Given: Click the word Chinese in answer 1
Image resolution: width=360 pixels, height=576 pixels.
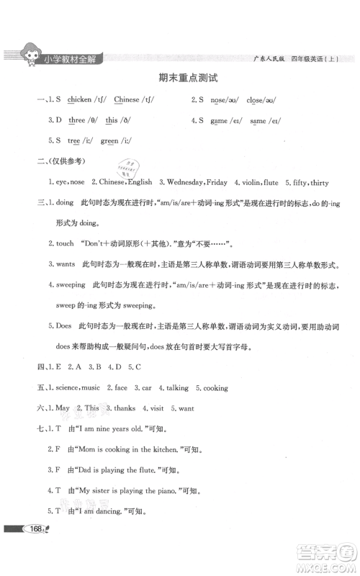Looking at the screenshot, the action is point(127,99).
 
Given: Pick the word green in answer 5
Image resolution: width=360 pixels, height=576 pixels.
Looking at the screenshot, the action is point(109,140).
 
